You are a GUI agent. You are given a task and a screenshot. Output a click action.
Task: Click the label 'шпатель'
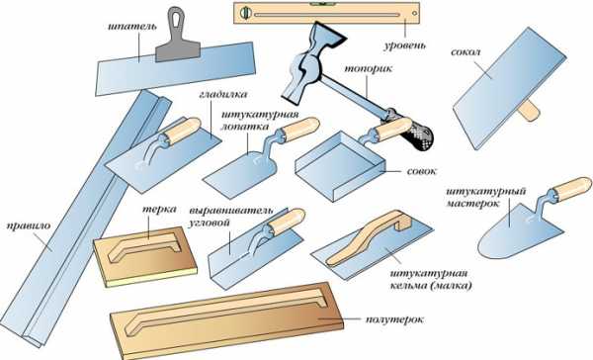(x=132, y=28)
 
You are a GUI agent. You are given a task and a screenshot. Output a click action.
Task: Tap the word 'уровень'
(x=405, y=45)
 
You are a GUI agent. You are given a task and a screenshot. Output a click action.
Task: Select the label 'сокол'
(x=466, y=52)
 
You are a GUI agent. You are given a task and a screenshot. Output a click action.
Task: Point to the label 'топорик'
(x=369, y=69)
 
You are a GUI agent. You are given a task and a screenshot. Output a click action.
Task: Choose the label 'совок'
(x=421, y=171)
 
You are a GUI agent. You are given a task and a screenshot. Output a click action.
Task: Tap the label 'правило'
(x=29, y=226)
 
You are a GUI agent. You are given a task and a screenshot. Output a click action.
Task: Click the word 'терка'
(x=159, y=210)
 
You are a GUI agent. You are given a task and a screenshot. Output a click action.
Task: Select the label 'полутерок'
(x=394, y=319)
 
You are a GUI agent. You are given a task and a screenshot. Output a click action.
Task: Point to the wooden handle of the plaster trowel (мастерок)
(x=570, y=189)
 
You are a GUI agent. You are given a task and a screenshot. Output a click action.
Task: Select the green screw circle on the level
(x=246, y=13)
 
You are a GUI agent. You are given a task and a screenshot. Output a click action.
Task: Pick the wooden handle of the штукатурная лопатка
(x=300, y=129)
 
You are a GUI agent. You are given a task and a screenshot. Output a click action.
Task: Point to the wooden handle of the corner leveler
(x=287, y=221)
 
